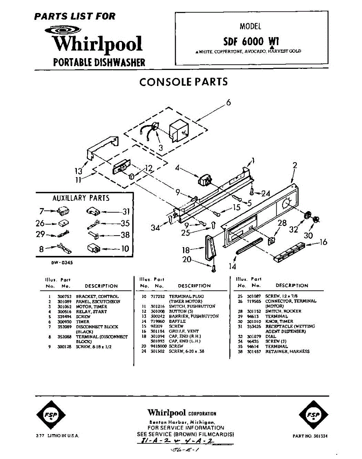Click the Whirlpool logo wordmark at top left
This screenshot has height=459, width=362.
97,44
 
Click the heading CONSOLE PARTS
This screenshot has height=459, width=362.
183,82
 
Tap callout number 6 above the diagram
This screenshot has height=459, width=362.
228,103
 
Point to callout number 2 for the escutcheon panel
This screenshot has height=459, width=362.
295,166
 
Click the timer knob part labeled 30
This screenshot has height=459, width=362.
316,220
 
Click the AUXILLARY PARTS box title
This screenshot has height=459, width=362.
81,198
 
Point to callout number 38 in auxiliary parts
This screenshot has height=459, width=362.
125,235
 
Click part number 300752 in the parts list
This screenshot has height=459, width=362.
62,296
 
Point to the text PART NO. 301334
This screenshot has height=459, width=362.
310,436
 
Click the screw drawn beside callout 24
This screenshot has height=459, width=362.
252,190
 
